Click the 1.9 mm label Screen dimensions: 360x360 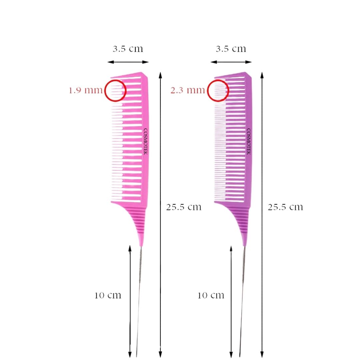coord(86,90)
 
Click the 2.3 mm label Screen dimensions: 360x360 coord(188,90)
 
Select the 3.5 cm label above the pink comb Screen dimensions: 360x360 coord(128,49)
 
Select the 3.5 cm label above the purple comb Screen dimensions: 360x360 coord(231,49)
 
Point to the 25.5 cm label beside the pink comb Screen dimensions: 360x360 coord(184,207)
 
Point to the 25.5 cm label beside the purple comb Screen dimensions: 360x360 coord(285,207)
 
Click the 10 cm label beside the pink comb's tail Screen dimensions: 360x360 coord(108,295)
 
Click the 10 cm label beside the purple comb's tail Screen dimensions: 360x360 coord(211,295)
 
